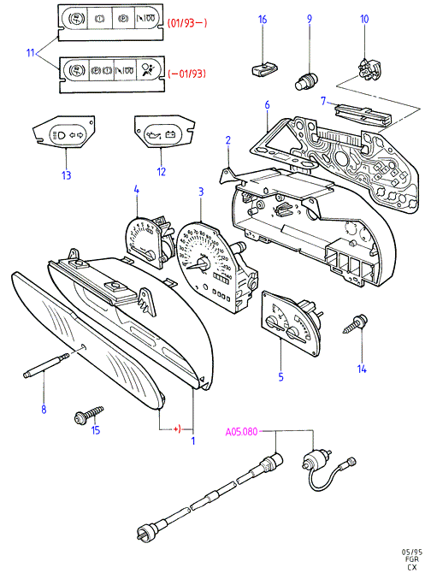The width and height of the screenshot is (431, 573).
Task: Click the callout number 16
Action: point(263,20)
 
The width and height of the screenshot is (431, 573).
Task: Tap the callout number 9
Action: point(310,19)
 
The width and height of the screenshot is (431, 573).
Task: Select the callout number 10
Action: point(364,19)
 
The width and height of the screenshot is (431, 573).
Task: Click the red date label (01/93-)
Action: point(187,23)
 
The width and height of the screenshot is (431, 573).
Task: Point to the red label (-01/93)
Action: point(187,74)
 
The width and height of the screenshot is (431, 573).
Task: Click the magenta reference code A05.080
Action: point(241,432)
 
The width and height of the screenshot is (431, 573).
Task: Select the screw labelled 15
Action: point(89,415)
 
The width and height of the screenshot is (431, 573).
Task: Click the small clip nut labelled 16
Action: point(264,68)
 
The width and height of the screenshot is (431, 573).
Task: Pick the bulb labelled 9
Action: point(307,80)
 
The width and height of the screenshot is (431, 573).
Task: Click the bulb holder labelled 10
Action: point(369,68)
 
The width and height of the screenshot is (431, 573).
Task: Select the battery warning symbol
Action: point(170,135)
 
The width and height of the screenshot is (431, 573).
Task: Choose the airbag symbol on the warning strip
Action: point(150,69)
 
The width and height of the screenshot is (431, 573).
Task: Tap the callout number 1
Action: point(193,440)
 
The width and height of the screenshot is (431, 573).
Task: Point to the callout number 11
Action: point(30,53)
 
